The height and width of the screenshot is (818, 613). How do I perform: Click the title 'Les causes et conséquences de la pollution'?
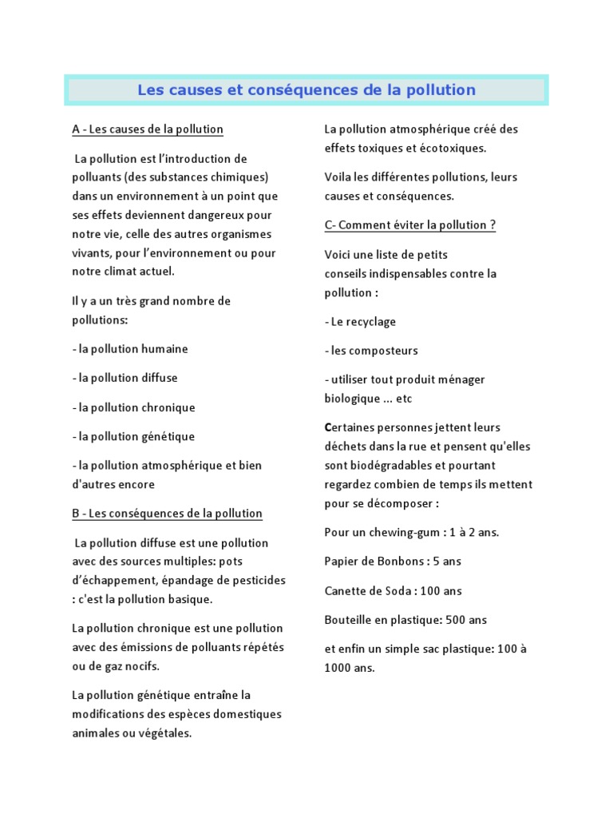coord(306,90)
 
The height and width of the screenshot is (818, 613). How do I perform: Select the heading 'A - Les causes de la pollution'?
coord(148,129)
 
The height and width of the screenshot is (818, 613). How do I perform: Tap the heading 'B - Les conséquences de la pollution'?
coord(167,514)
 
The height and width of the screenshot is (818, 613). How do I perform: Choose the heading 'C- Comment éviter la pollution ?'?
coord(410,225)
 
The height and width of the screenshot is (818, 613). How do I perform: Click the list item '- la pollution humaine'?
coord(129,349)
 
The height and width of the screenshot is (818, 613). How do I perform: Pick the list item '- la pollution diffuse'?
coord(125,378)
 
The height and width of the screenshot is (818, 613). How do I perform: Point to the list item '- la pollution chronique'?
coord(133,407)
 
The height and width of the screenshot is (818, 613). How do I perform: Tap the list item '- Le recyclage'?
coord(360,322)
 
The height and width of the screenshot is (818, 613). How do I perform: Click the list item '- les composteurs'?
coord(371,351)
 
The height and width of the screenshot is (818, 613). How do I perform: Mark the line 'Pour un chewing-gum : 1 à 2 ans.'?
coord(412,532)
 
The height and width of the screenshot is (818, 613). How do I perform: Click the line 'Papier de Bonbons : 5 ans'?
coord(393,562)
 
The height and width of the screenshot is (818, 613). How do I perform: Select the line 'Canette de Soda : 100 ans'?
coord(393,591)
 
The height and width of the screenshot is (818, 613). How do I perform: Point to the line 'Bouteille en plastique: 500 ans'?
coord(405,620)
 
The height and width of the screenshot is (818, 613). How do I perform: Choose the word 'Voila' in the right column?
coord(338,177)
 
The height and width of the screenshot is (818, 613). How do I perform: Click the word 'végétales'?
coord(164,733)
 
